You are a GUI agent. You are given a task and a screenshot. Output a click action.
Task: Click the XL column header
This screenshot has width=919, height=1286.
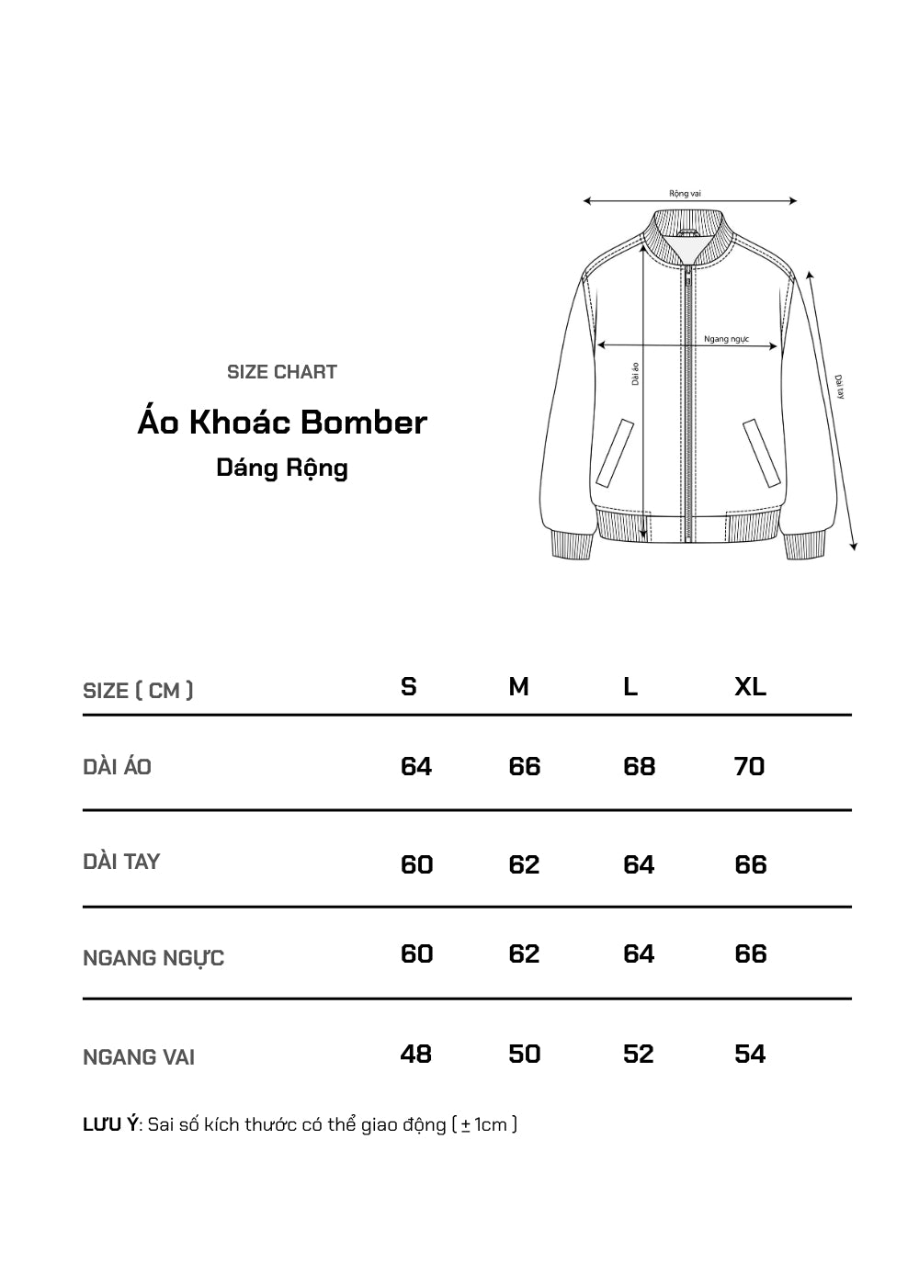[750, 687]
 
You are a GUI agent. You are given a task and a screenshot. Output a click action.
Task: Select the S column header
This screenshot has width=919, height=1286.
[409, 687]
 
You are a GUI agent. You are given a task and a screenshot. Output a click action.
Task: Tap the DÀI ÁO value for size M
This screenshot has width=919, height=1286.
[525, 766]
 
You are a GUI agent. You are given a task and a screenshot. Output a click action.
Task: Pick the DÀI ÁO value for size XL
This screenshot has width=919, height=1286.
[750, 766]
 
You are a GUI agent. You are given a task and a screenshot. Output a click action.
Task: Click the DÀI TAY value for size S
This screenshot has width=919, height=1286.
[416, 864]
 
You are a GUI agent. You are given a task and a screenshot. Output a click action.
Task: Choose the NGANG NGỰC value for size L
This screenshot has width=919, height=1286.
[639, 953]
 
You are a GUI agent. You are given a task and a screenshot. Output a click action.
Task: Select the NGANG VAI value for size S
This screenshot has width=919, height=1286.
[416, 1054]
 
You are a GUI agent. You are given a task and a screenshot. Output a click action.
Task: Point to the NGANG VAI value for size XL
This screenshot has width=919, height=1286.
[750, 1054]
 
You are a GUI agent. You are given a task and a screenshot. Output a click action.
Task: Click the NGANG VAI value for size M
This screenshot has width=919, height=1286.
[525, 1054]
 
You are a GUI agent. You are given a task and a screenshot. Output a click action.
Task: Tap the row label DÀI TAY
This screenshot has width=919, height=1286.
[121, 862]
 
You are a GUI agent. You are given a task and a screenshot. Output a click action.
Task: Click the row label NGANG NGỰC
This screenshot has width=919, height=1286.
[153, 958]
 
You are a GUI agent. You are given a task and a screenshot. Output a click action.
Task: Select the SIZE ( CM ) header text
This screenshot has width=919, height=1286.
[138, 691]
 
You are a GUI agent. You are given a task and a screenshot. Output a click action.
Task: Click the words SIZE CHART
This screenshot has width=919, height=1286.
[282, 372]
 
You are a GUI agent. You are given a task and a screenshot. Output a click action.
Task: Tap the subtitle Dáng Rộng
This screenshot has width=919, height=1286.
[282, 468]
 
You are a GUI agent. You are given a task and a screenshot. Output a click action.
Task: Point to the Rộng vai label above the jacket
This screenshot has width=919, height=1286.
[686, 194]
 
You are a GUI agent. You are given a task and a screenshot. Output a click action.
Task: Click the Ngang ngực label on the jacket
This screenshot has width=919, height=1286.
[727, 339]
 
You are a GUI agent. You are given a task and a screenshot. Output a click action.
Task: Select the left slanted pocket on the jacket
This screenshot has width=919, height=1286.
[616, 453]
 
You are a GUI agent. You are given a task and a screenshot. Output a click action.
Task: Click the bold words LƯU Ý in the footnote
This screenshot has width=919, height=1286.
[109, 1124]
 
